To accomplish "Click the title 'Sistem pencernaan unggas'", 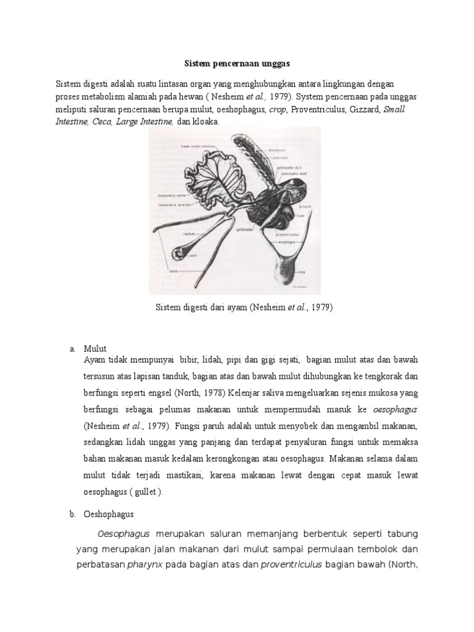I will (x=236, y=63).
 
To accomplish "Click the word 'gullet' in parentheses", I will (x=147, y=491).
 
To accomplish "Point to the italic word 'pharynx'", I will (x=144, y=563).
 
